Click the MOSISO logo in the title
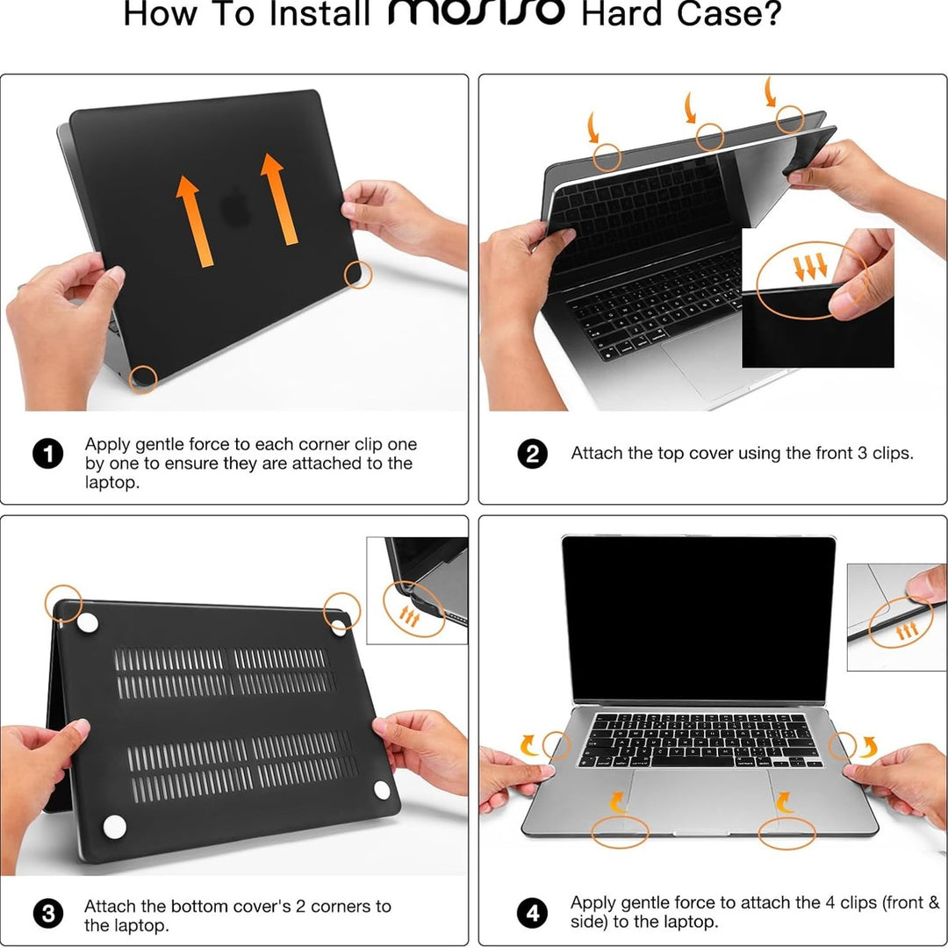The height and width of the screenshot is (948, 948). point(476,13)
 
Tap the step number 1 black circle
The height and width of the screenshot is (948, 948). point(47,454)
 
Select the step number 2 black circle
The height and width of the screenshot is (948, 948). point(532,454)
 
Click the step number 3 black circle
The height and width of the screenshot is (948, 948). point(47,914)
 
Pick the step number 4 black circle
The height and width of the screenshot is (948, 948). point(532,913)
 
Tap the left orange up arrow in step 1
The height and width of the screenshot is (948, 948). point(195,220)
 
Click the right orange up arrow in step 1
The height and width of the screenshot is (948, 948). point(279,199)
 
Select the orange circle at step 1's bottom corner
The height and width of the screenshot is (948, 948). point(143,379)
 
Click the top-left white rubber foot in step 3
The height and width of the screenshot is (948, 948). point(87,623)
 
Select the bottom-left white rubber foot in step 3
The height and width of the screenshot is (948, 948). point(114,825)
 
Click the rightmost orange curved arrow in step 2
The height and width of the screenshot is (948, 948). point(770,90)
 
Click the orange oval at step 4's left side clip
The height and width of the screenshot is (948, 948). point(557,747)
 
